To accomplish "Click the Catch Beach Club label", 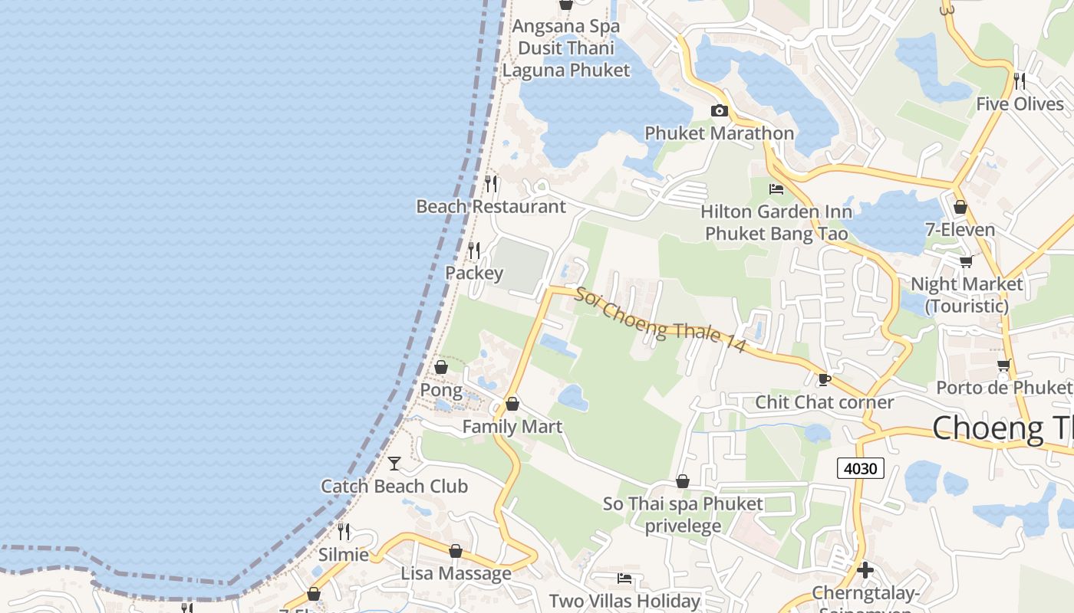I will click(x=394, y=486).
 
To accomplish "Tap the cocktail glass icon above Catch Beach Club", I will click(x=394, y=463).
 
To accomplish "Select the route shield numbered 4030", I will click(x=860, y=467).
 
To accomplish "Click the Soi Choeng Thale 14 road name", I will click(x=661, y=320).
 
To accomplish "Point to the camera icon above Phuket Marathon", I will click(x=719, y=110).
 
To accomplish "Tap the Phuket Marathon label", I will click(x=719, y=133).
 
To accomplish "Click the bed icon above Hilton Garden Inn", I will click(x=776, y=188).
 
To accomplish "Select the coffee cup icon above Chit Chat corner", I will click(x=825, y=379).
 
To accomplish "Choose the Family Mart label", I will click(x=512, y=427).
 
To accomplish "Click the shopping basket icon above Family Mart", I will click(x=512, y=404).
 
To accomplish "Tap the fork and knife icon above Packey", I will click(x=474, y=251).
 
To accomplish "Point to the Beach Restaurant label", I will click(x=491, y=206).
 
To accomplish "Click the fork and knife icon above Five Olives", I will click(x=1020, y=80).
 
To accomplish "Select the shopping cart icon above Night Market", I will click(x=967, y=261).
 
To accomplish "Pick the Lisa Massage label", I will click(x=456, y=573).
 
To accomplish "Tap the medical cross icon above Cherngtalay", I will click(x=865, y=570).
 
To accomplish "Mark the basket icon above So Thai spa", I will click(x=683, y=481).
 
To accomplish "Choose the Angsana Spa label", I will click(x=566, y=26).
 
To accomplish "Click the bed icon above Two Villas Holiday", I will click(x=624, y=579).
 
